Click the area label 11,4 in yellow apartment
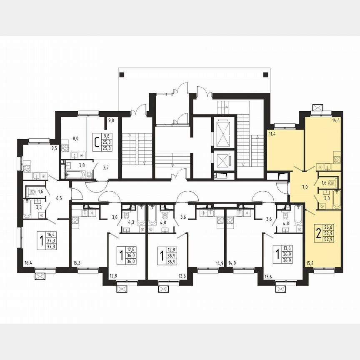[272, 134]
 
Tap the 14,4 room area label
[336, 121]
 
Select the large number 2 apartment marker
[318, 233]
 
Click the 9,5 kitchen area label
[55, 147]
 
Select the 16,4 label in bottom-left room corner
[28, 262]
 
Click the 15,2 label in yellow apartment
[310, 263]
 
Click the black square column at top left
[122, 75]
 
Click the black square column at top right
[265, 75]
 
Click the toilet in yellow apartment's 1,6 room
[331, 183]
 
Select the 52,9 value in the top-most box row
[331, 233]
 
